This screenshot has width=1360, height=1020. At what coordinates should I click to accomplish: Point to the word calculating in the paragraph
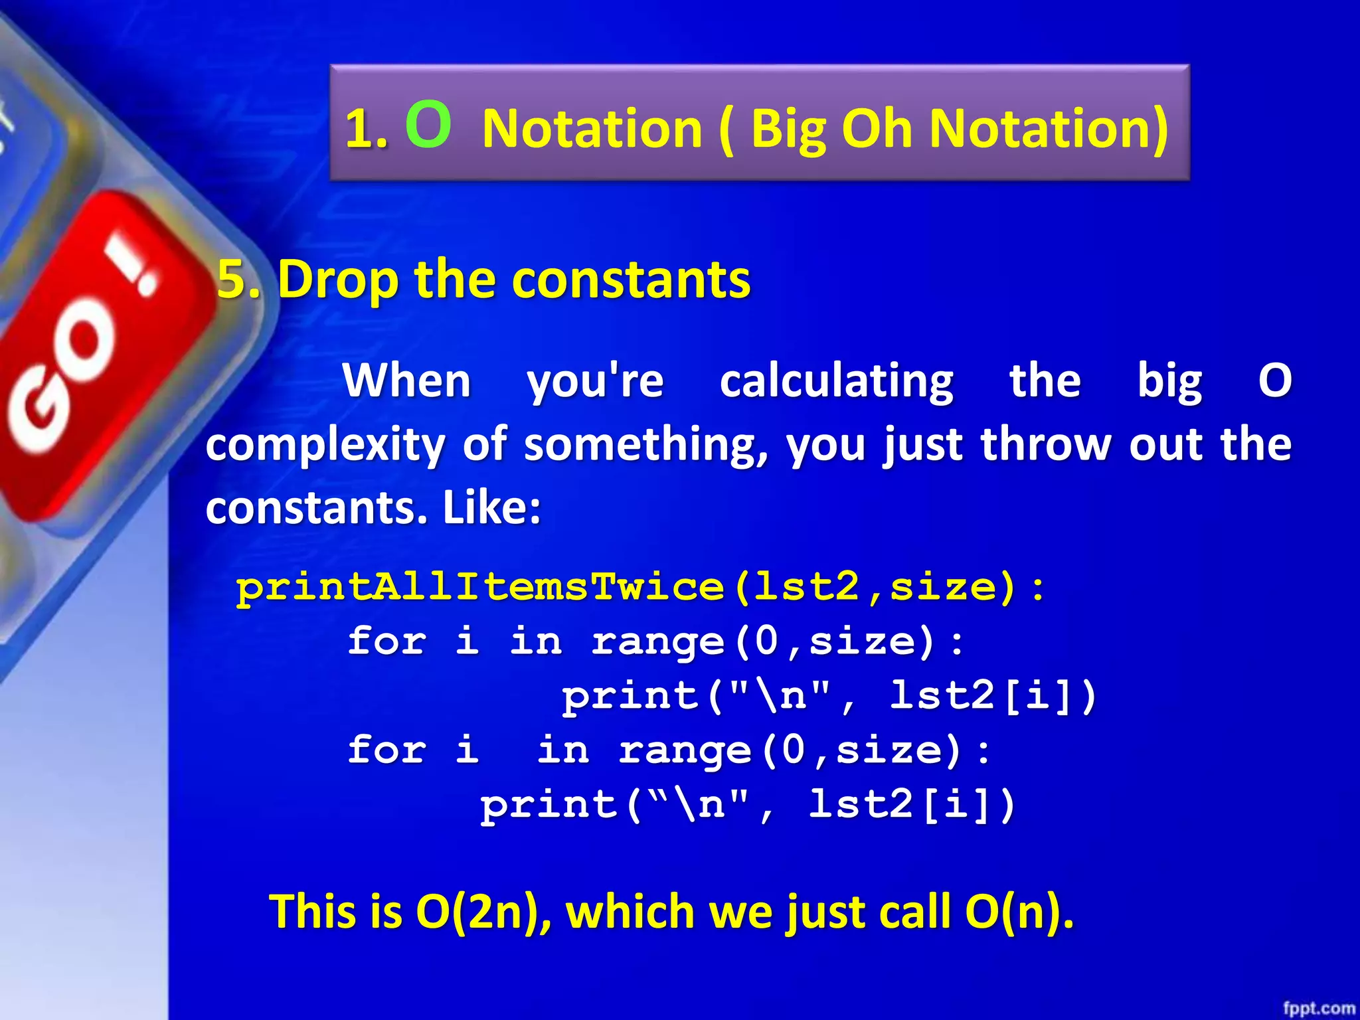point(837,381)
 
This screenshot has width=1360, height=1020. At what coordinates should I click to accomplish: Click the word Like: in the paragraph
point(492,508)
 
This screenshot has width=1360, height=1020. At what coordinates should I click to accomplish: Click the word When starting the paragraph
point(406,381)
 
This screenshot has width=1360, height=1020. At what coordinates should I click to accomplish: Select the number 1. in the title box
point(367,129)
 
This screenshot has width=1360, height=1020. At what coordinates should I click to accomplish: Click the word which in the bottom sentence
point(630,911)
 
